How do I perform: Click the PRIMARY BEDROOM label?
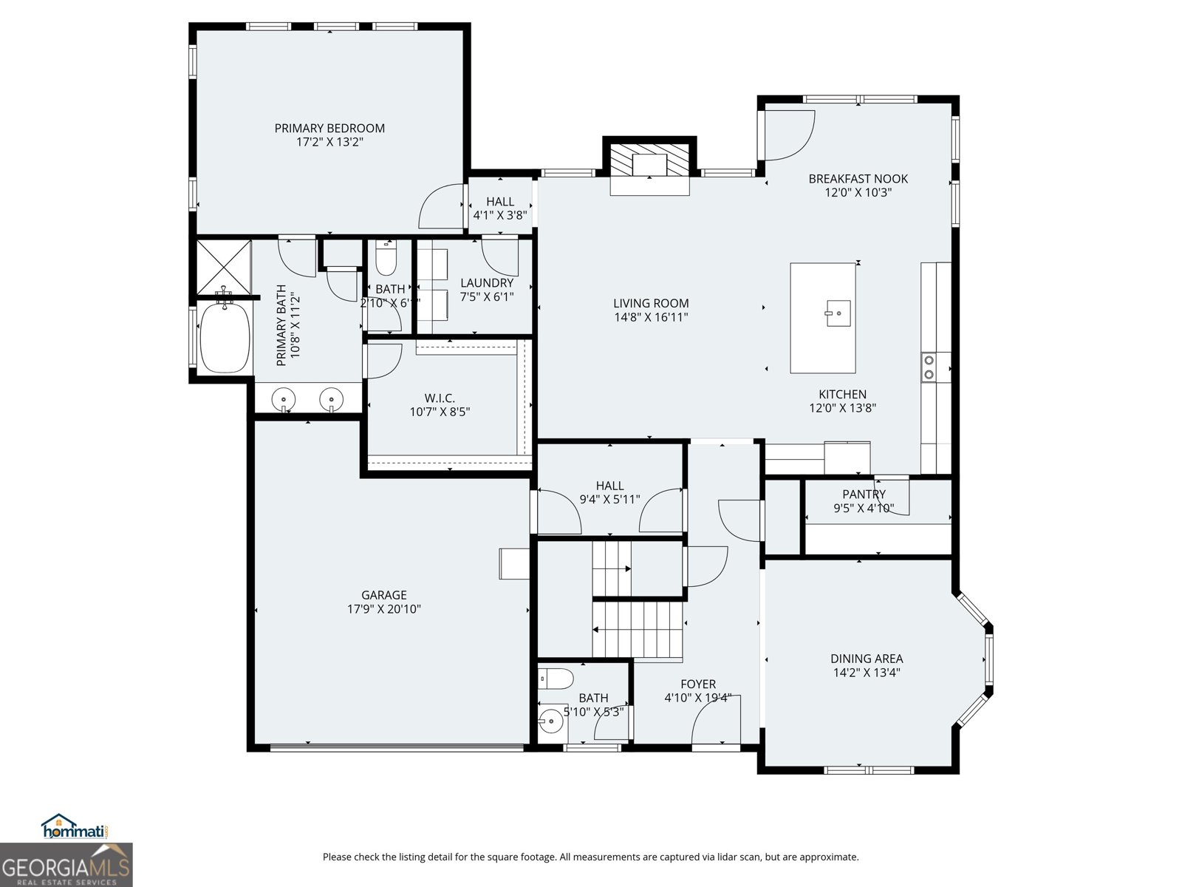click(x=329, y=128)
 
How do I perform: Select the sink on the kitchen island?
click(x=838, y=313)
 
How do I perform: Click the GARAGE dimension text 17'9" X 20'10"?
click(x=384, y=609)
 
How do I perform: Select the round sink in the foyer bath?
click(x=551, y=719)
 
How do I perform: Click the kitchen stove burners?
click(x=928, y=367)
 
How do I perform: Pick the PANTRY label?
click(x=864, y=495)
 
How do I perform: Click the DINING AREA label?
click(x=867, y=659)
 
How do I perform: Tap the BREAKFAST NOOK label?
click(x=858, y=179)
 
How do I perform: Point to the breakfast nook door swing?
click(x=789, y=135)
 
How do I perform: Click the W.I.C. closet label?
click(x=440, y=398)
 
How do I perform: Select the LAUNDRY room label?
click(x=487, y=283)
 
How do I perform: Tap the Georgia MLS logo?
click(x=66, y=865)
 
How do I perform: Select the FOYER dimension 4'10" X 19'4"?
click(x=697, y=697)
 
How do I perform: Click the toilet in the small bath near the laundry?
click(x=386, y=258)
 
